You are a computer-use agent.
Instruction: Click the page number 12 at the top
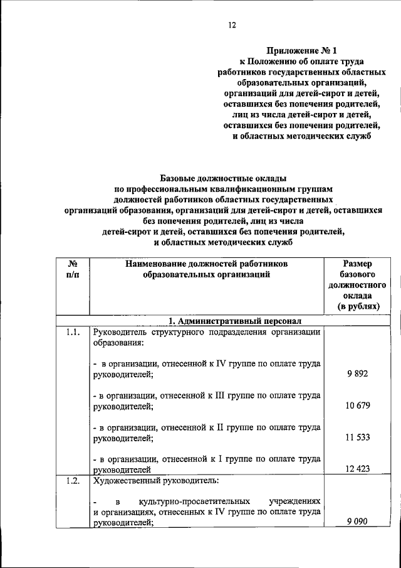232,26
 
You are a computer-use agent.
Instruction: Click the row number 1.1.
71,333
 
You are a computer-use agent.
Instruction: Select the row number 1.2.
71,481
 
